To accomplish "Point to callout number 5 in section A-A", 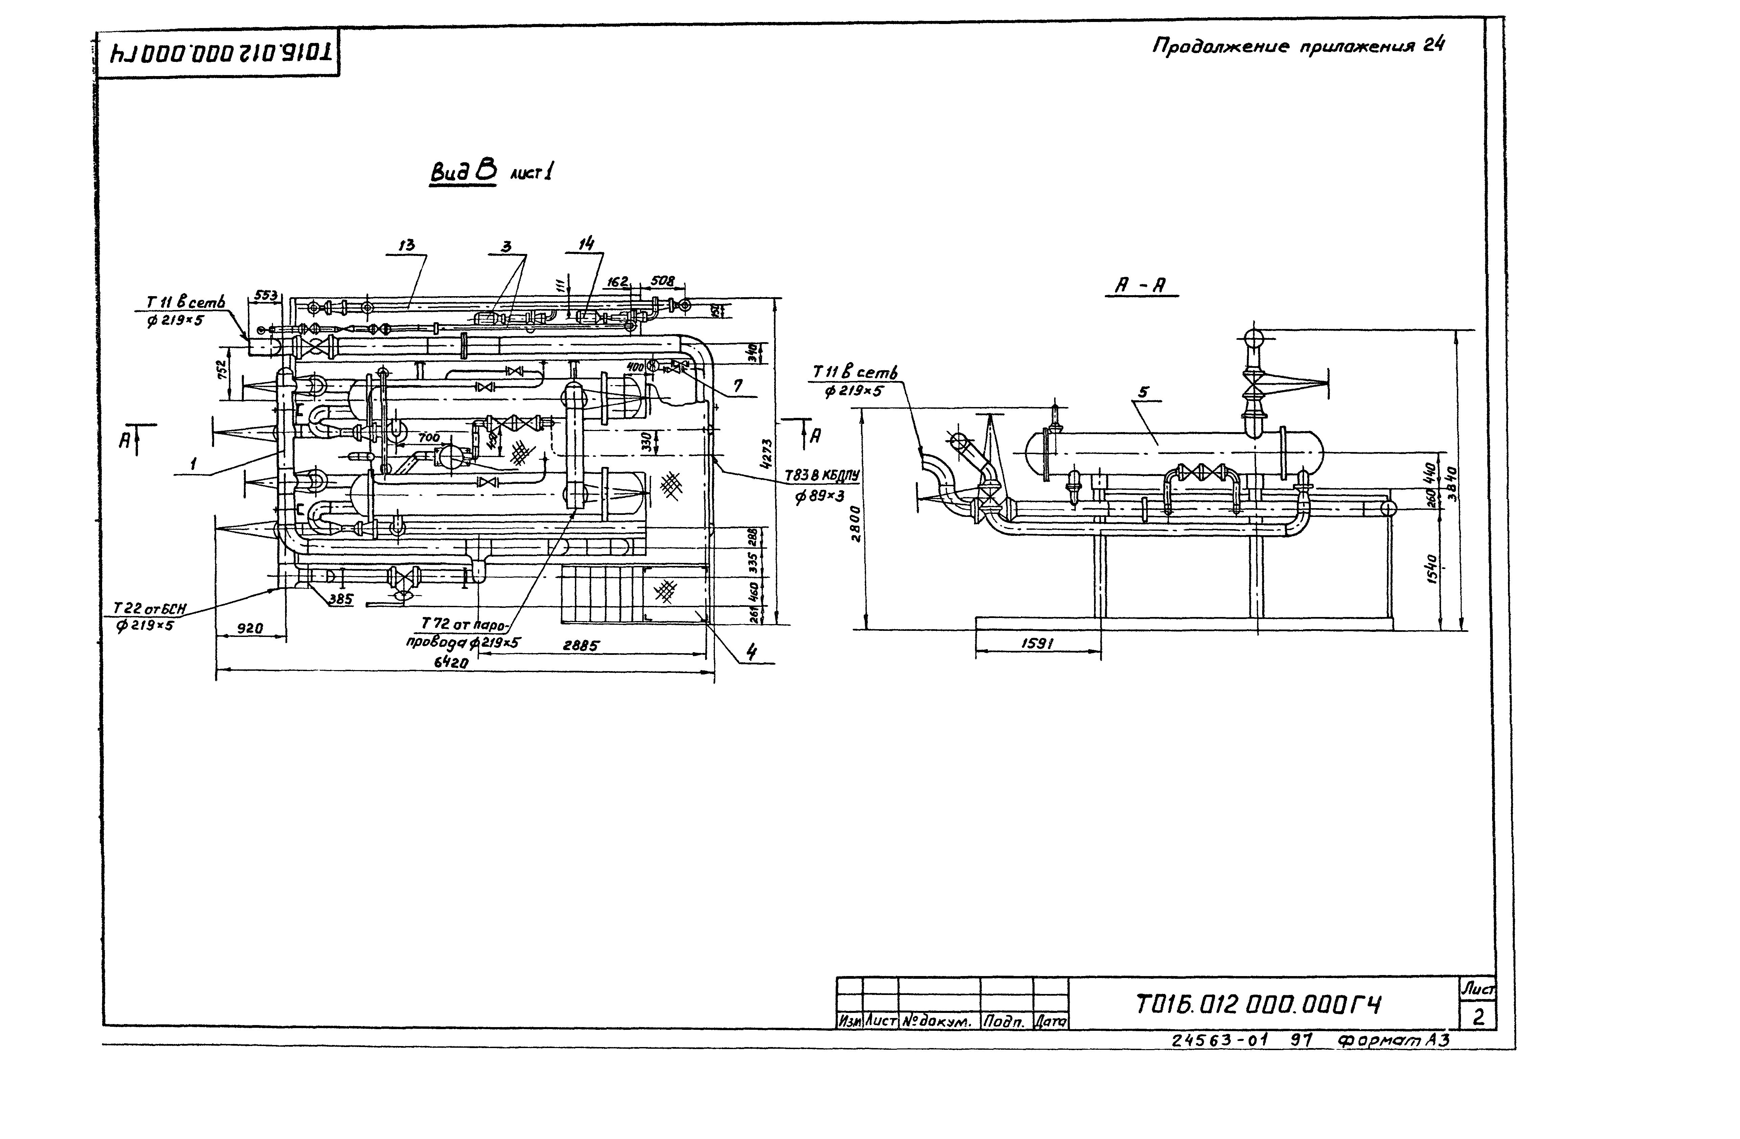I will (1143, 392).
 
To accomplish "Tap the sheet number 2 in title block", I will (1478, 1017).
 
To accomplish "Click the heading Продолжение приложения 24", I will (1298, 46).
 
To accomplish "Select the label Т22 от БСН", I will (150, 608).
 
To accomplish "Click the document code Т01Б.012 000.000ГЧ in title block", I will (1257, 1005).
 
